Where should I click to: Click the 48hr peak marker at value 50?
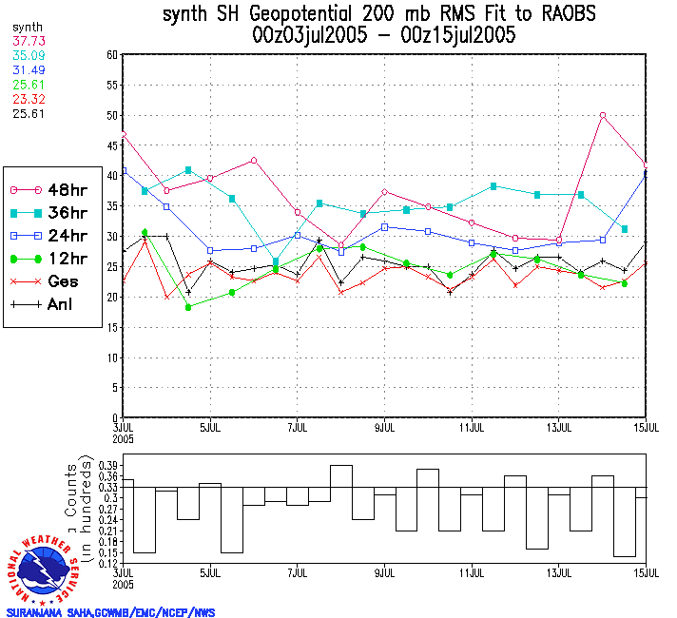pos(603,115)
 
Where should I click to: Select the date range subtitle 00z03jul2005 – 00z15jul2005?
pos(384,36)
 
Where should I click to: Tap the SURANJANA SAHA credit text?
pos(110,612)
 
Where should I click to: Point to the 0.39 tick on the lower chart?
pos(107,465)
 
